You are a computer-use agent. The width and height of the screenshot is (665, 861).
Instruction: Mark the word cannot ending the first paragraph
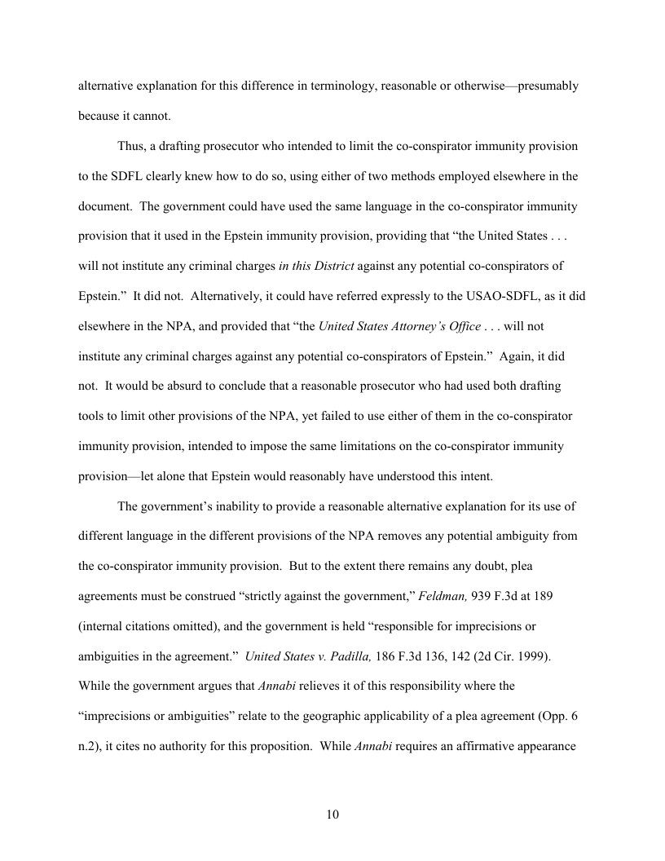click(x=152, y=116)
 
